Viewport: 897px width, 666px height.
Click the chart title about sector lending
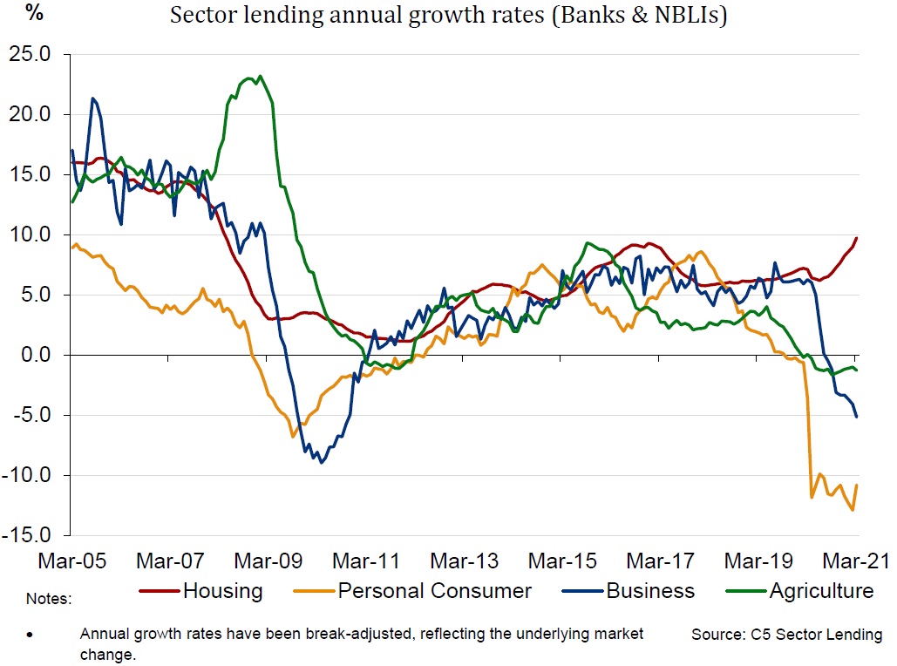(x=448, y=17)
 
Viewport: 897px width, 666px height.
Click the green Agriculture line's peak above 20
(x=260, y=76)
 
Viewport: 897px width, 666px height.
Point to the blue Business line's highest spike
(x=92, y=99)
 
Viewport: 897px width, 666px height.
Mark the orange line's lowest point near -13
(x=851, y=510)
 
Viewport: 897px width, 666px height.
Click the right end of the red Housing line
(x=856, y=238)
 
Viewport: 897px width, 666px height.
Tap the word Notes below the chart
(x=48, y=600)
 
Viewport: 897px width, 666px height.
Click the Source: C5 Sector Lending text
(x=786, y=635)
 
